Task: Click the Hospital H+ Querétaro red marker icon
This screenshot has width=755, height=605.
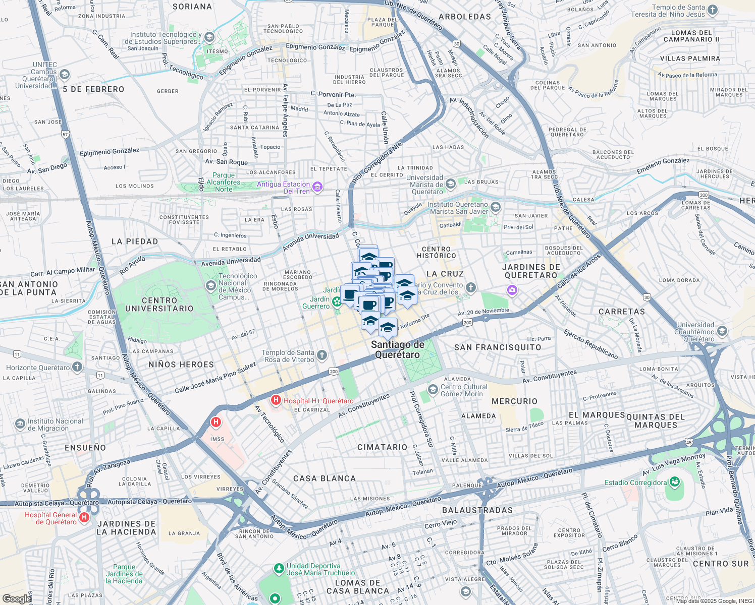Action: point(276,401)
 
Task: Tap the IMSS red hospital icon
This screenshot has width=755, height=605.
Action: point(216,422)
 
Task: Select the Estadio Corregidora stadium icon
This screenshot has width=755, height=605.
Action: point(674,482)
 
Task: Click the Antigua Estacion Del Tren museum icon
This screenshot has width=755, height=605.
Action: point(317,188)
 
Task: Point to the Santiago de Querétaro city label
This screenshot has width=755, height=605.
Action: point(398,349)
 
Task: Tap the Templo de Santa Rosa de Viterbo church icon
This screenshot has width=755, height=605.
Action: point(322,356)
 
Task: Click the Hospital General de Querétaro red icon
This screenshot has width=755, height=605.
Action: point(84,517)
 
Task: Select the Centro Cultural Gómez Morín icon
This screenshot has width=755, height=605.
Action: point(433,390)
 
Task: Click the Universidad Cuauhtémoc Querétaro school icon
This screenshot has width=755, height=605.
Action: point(722,331)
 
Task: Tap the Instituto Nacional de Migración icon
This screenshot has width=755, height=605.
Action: point(20,425)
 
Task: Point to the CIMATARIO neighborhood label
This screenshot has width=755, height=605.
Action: point(382,447)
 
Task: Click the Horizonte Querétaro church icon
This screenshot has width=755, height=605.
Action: point(77,367)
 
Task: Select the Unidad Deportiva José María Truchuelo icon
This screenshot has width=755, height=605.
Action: point(279,569)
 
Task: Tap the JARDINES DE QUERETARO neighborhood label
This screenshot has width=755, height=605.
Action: point(531,271)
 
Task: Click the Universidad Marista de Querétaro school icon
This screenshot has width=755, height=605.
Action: point(451,184)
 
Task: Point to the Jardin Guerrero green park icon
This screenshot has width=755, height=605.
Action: point(337,301)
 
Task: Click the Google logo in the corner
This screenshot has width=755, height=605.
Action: point(17,599)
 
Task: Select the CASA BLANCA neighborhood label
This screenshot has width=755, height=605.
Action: point(325,478)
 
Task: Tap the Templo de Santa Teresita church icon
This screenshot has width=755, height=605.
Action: point(713,10)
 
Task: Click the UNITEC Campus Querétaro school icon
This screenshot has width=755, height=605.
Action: point(64,75)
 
